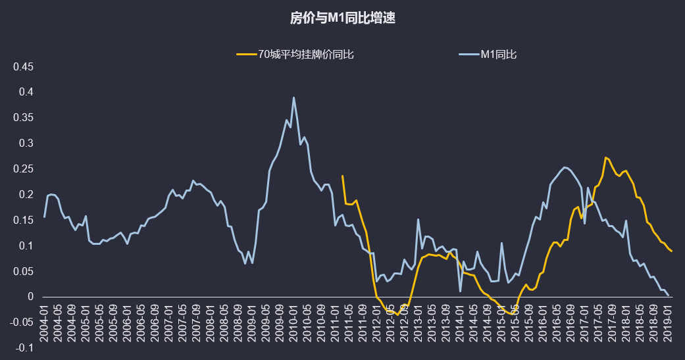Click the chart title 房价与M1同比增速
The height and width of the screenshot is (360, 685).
click(x=342, y=18)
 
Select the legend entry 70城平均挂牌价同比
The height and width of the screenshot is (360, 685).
click(x=306, y=55)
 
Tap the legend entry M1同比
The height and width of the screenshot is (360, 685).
click(x=498, y=55)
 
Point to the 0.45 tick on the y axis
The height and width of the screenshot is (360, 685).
click(x=24, y=67)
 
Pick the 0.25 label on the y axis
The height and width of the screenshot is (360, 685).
click(x=24, y=169)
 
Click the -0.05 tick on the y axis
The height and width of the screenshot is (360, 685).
click(x=22, y=322)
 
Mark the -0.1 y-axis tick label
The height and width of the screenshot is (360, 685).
click(x=25, y=348)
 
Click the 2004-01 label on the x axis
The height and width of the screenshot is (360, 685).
click(x=44, y=322)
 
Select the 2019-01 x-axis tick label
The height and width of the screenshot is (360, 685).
click(x=667, y=322)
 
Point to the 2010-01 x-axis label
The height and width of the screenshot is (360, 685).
click(x=293, y=322)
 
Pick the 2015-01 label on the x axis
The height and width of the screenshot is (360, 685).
click(x=501, y=322)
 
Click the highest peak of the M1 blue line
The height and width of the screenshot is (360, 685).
click(x=293, y=97)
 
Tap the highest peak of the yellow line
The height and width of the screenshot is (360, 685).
click(x=605, y=157)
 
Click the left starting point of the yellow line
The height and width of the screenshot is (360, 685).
click(x=342, y=176)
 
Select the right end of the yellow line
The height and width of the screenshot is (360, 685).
click(x=671, y=251)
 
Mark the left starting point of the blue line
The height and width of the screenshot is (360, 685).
click(x=44, y=217)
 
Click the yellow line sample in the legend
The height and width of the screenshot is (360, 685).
click(x=246, y=55)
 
